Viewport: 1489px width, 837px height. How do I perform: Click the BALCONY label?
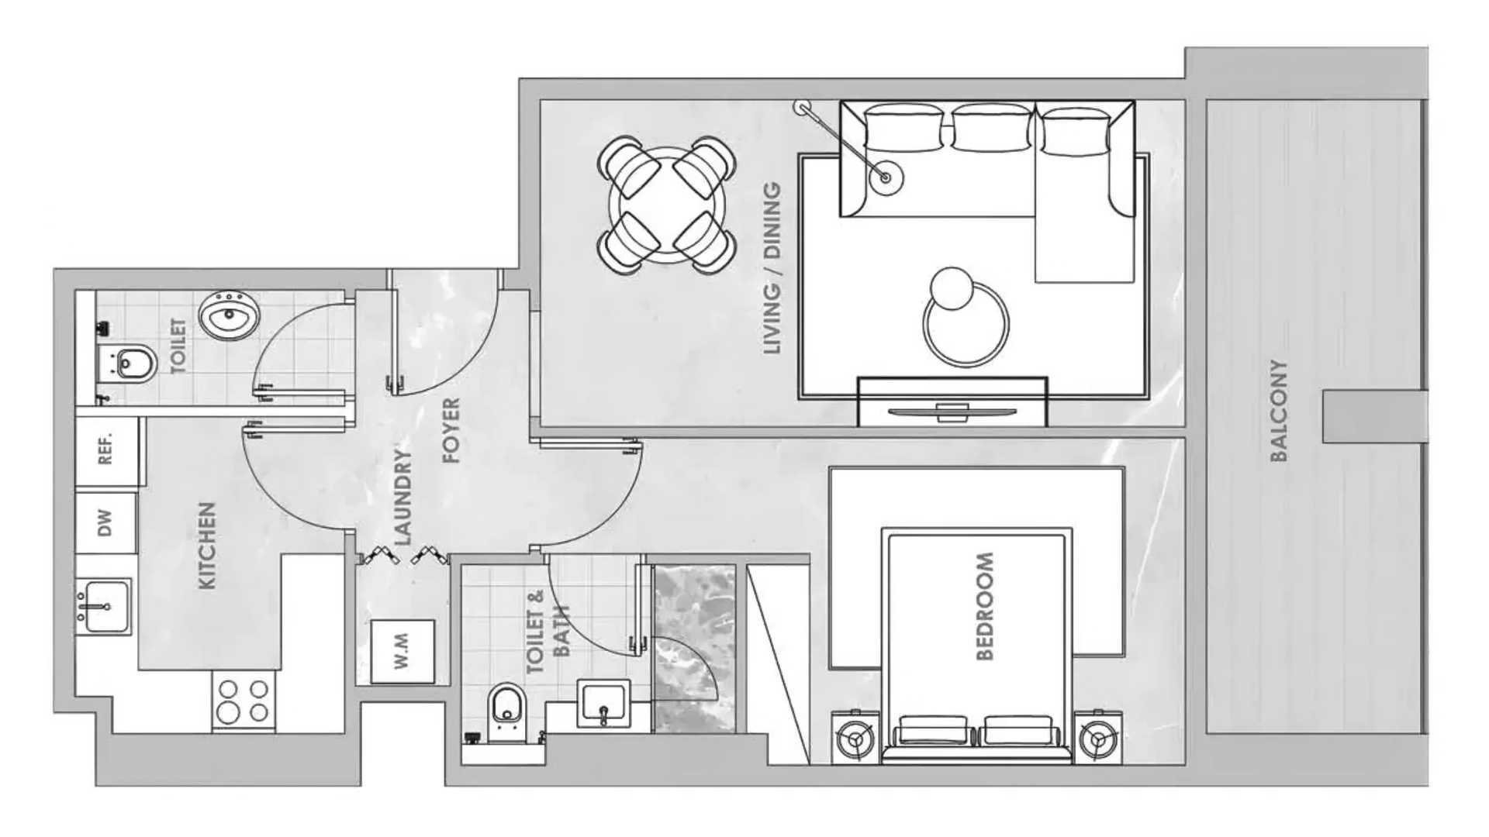point(1279,411)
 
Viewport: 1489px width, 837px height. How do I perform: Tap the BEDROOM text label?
point(983,606)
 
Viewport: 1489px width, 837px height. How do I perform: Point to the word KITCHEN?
point(207,546)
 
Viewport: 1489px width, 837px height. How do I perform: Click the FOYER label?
point(451,431)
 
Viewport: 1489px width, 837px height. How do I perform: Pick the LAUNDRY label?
point(402,497)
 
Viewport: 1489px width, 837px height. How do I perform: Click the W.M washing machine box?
point(402,651)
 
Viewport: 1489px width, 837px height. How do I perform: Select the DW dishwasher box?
point(106,523)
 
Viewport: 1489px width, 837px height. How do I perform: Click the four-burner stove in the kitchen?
point(244,702)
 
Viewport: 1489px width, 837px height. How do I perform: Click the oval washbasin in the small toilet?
point(229,315)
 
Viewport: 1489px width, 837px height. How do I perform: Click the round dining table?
point(667,205)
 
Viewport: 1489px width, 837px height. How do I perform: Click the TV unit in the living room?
point(952,401)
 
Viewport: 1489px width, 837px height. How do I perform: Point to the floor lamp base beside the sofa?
point(886,177)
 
